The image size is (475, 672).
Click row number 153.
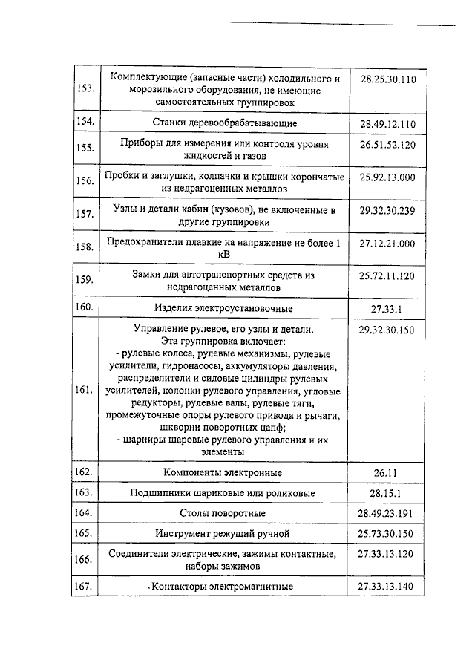[x=85, y=89]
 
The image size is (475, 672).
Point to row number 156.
[x=85, y=180]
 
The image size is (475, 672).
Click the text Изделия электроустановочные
[x=223, y=308]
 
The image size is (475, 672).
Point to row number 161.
[x=85, y=390]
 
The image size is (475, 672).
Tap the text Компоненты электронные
[x=223, y=472]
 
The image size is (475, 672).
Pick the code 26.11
[x=387, y=472]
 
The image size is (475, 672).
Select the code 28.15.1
[x=387, y=493]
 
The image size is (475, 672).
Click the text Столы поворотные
[x=223, y=513]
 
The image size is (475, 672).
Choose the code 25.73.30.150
[x=387, y=533]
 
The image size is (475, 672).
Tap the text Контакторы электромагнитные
[x=223, y=587]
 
